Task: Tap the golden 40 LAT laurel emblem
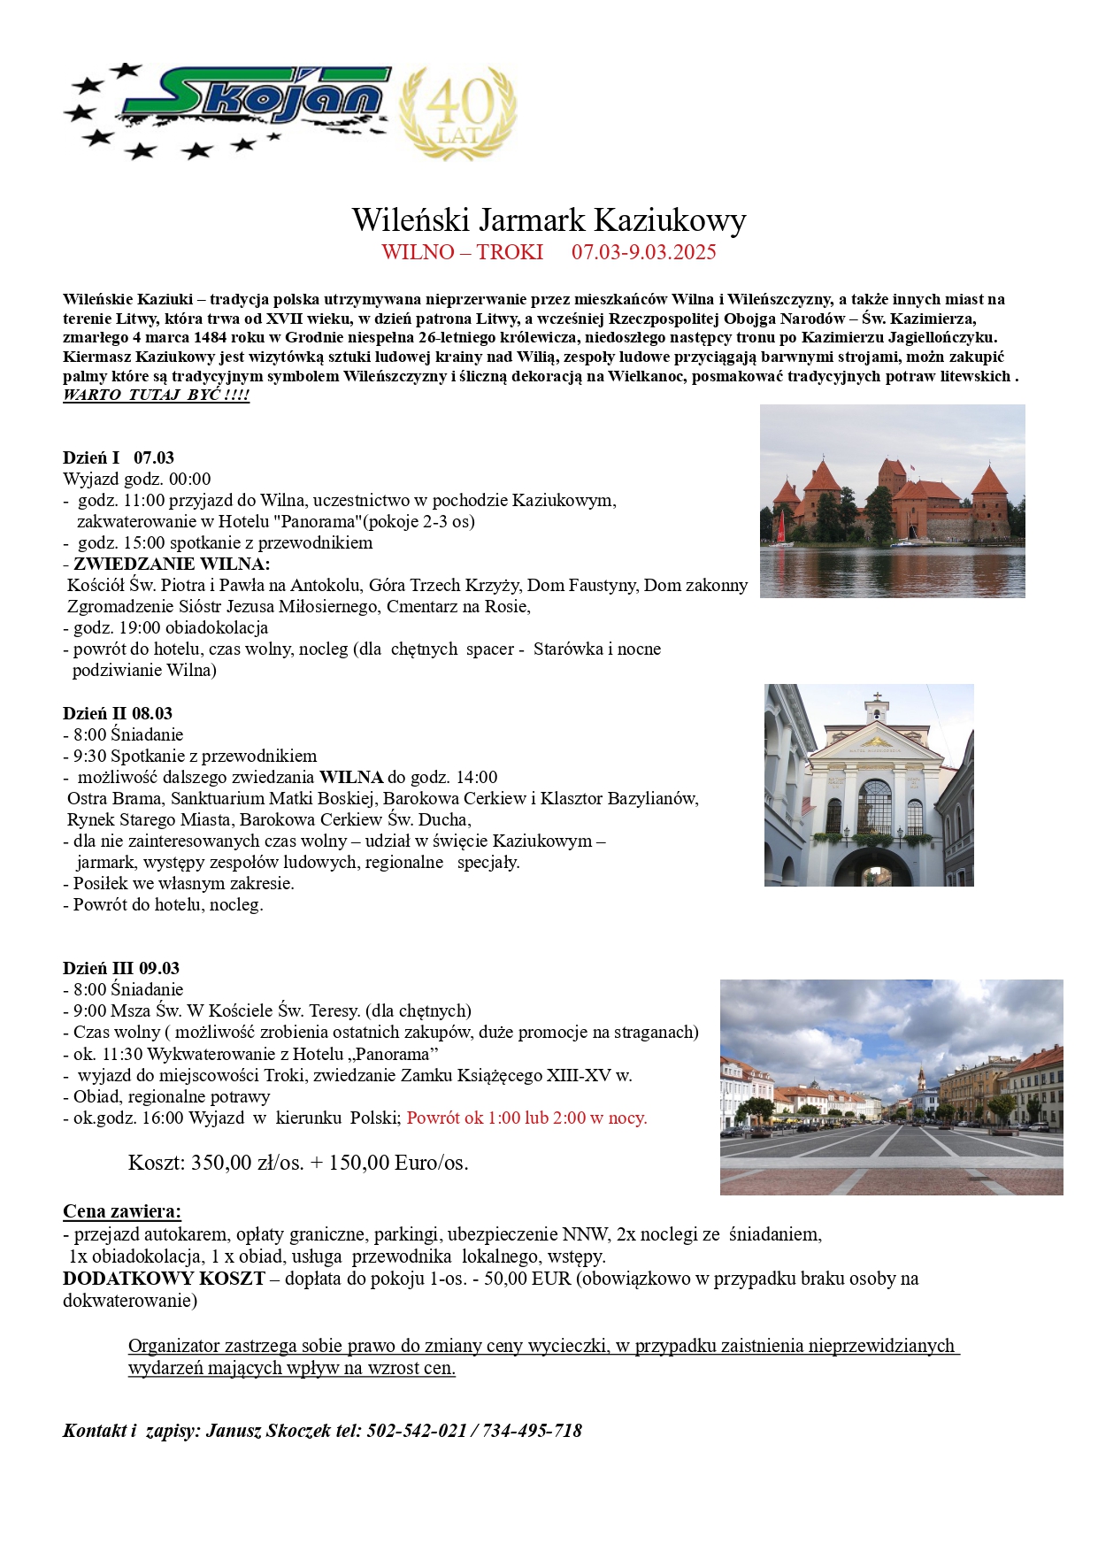click(x=458, y=112)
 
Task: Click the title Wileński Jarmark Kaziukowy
click(x=549, y=219)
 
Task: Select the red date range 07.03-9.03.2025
click(x=643, y=252)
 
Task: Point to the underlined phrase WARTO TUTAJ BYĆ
click(x=156, y=395)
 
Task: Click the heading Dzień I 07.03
click(x=119, y=457)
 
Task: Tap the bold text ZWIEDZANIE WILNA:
click(x=172, y=564)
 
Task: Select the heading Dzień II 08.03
click(x=118, y=713)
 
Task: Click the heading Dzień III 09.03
click(x=121, y=968)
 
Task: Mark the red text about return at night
click(x=526, y=1118)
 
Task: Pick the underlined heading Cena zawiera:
click(x=122, y=1211)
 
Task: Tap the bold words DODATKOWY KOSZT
click(x=164, y=1279)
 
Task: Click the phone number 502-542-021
click(x=416, y=1431)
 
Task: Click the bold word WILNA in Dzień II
click(x=351, y=777)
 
